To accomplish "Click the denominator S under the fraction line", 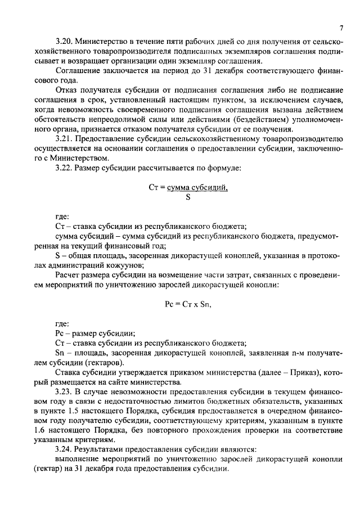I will point(188,197).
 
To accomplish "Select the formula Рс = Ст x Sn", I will point(188,304).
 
